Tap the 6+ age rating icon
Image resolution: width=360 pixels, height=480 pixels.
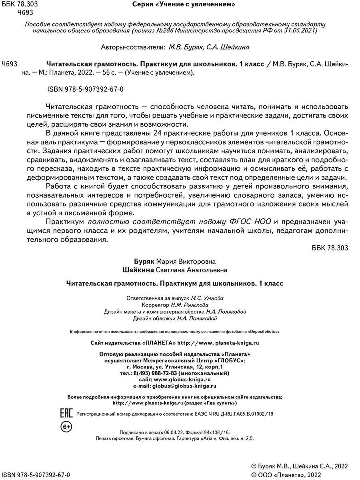click(x=66, y=428)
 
